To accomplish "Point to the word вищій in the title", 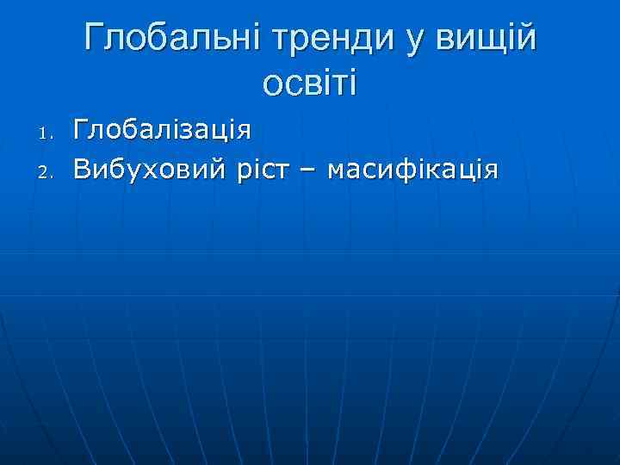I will pos(487,40).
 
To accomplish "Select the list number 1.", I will pos(48,133).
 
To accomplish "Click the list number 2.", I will pos(48,171).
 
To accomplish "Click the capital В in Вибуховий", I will pos(82,169).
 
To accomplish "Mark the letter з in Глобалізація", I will pos(176,132).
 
